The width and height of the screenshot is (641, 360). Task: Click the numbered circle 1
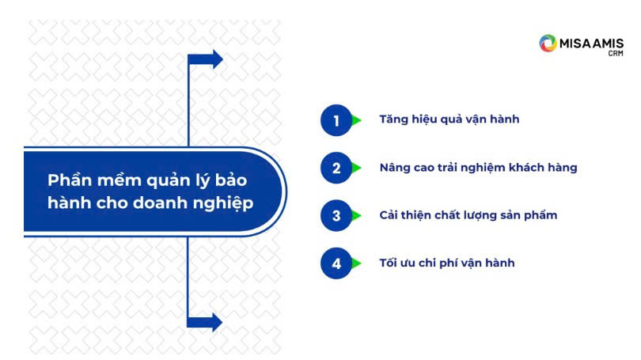(x=336, y=120)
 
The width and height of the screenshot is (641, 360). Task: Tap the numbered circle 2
(x=336, y=168)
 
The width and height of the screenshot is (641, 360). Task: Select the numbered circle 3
(x=336, y=215)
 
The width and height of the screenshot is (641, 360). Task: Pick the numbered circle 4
(x=336, y=263)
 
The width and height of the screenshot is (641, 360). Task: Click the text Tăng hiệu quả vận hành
(x=449, y=119)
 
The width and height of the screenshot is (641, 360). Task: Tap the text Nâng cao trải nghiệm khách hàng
(x=478, y=168)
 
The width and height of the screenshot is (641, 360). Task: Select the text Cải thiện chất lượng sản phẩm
(x=468, y=215)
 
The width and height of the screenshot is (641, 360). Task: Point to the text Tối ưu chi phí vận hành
(x=447, y=263)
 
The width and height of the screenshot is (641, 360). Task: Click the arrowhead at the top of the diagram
(x=218, y=59)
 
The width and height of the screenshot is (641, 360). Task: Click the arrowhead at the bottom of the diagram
(x=217, y=322)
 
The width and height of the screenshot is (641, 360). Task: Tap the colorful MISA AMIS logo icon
(x=548, y=44)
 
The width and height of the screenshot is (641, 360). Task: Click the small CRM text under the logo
(x=616, y=54)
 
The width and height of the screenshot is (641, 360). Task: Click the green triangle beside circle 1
(x=356, y=120)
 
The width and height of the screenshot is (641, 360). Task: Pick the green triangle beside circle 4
(x=356, y=263)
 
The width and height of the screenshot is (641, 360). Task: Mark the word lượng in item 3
(x=479, y=216)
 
